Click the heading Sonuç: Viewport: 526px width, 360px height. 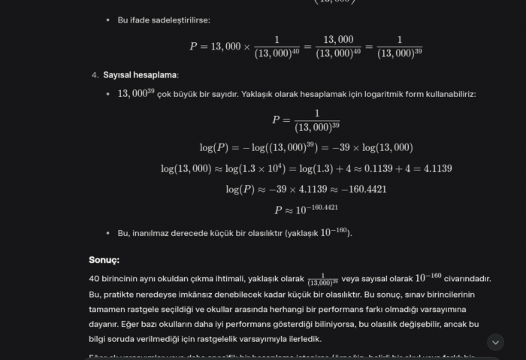pyautogui.click(x=104, y=260)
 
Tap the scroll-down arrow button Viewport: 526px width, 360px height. pyautogui.click(x=495, y=342)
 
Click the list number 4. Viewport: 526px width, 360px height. pyautogui.click(x=95, y=75)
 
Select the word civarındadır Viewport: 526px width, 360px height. pyautogui.click(x=467, y=278)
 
